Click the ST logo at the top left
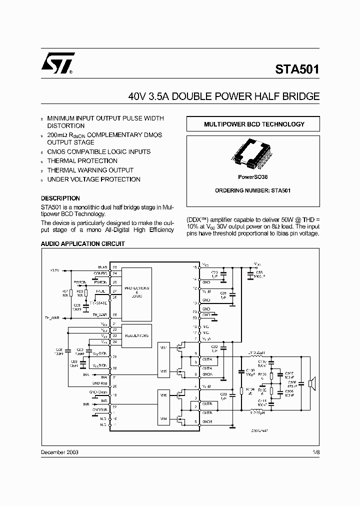pos(58,63)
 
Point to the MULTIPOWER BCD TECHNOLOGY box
pos(253,124)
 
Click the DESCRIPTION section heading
pos(60,198)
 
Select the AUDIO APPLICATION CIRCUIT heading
pos(82,244)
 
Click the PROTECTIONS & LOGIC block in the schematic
pos(136,292)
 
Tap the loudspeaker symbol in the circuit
pos(311,384)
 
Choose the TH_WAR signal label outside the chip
pos(52,317)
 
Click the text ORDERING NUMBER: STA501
pos(253,190)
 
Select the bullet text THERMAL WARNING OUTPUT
pos(90,170)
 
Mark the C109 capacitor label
pos(250,370)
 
